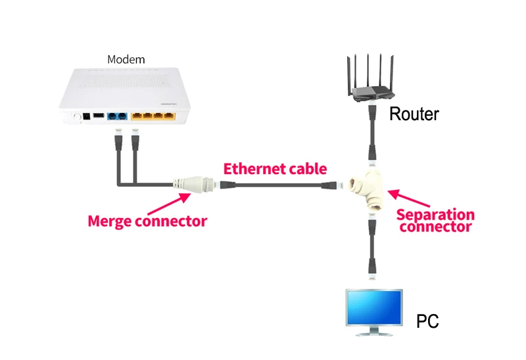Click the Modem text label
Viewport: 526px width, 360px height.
point(126,59)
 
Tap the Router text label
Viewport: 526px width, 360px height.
point(414,114)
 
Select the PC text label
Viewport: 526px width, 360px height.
point(427,321)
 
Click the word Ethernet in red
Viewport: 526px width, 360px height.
point(254,169)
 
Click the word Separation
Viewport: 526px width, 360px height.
point(435,215)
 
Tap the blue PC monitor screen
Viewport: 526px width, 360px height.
point(374,307)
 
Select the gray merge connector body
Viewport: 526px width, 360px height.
point(194,184)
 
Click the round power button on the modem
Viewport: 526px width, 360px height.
point(77,117)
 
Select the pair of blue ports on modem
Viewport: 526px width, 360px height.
point(117,116)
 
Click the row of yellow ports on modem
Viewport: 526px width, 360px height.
point(153,116)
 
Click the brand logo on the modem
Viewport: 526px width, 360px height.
point(169,104)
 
